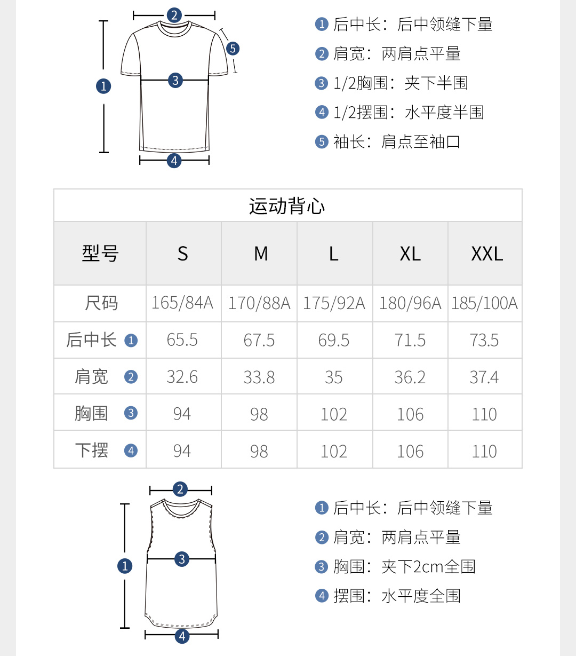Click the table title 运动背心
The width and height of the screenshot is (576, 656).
pyautogui.click(x=287, y=206)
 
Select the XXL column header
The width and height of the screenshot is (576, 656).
pyautogui.click(x=486, y=254)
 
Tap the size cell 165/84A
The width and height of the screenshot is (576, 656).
pyautogui.click(x=182, y=303)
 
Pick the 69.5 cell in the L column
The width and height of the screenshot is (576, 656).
pyautogui.click(x=334, y=340)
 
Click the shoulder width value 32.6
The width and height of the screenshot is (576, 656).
pyautogui.click(x=182, y=377)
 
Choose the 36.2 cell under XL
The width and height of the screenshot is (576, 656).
pyautogui.click(x=410, y=377)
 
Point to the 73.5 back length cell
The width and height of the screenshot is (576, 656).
pyautogui.click(x=484, y=340)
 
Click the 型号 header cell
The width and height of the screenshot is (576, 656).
pyautogui.click(x=100, y=254)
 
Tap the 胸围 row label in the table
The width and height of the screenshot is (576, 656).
pyautogui.click(x=92, y=413)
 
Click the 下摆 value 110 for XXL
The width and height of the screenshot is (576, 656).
pyautogui.click(x=484, y=451)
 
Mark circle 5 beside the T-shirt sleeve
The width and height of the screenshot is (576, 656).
pyautogui.click(x=233, y=49)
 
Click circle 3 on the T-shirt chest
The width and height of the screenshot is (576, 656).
pyautogui.click(x=175, y=81)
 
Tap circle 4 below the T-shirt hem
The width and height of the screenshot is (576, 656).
pyautogui.click(x=174, y=160)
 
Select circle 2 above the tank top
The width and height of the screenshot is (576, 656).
pyautogui.click(x=180, y=489)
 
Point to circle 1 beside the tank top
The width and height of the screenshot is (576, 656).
pyautogui.click(x=125, y=566)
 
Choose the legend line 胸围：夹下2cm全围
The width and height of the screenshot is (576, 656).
pyautogui.click(x=404, y=566)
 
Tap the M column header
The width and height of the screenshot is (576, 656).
pyautogui.click(x=260, y=254)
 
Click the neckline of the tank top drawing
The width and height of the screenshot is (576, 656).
pyautogui.click(x=181, y=510)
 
